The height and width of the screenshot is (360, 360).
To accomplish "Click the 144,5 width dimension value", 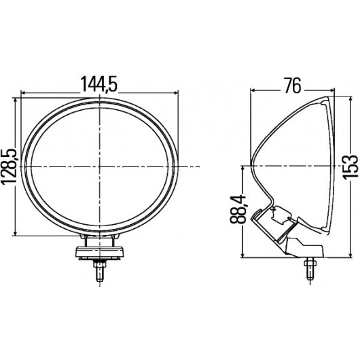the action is click(x=99, y=84).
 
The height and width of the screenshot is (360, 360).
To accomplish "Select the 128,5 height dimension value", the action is click(x=9, y=166).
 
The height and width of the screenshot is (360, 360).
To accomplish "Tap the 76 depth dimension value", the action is click(x=293, y=86).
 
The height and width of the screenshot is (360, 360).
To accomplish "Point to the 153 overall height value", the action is click(x=350, y=166).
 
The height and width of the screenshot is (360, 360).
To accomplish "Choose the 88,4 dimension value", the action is click(x=238, y=209).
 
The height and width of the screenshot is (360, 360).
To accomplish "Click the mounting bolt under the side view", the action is click(x=310, y=268).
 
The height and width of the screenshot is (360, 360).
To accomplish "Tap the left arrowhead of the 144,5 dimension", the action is click(x=23, y=93).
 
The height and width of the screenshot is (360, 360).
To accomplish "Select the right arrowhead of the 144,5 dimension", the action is click(x=176, y=93).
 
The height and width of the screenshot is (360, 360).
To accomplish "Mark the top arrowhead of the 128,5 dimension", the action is click(x=15, y=101).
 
